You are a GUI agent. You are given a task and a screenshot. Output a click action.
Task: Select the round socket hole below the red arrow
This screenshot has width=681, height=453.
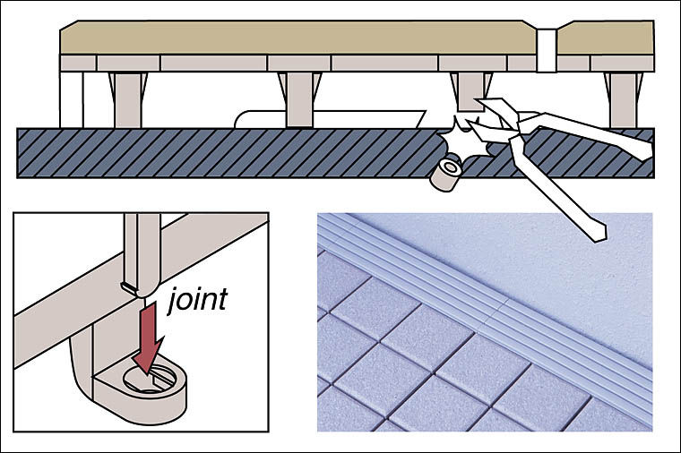coord(147,381)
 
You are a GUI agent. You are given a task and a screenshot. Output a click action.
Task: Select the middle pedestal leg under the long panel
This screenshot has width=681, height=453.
coord(298,98)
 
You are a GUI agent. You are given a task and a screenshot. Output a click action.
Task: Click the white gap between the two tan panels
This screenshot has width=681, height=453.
coord(547,45)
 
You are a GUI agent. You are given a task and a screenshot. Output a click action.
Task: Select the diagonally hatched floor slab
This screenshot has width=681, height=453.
coord(224,152)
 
